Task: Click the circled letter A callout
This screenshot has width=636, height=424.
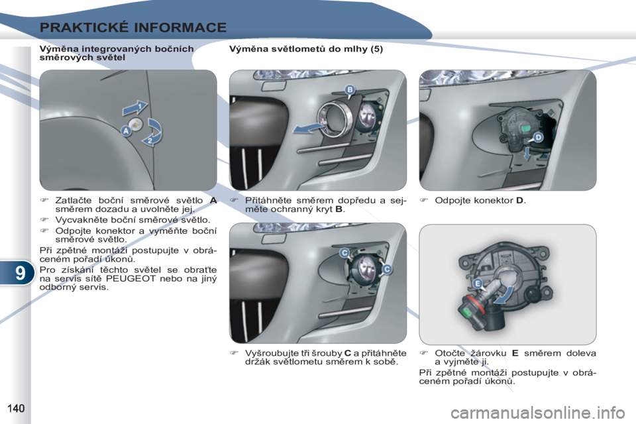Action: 126,131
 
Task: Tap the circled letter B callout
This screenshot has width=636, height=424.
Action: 350,90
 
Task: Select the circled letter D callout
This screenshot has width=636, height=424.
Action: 538,137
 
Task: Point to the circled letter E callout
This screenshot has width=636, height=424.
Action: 478,284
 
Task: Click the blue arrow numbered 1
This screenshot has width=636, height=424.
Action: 135,108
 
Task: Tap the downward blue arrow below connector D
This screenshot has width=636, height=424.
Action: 527,154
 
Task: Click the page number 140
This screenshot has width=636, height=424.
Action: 16,408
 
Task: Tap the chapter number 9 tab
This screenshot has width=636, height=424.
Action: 19,273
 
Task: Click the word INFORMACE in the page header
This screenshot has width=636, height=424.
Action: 180,28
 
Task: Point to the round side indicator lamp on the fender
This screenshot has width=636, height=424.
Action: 135,125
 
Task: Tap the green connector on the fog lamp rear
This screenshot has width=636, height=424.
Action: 525,129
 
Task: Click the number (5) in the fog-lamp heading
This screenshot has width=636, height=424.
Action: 376,49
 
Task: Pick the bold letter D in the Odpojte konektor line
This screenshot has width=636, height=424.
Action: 519,201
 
